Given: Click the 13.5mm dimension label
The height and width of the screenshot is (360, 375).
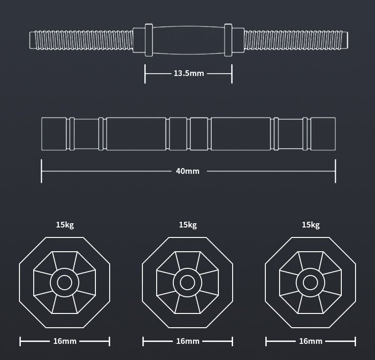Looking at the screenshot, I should (188, 74).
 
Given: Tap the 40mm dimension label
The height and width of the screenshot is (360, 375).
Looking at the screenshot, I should (187, 171).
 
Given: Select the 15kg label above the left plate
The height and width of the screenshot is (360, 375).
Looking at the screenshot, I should (65, 225).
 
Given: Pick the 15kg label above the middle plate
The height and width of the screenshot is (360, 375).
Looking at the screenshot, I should (187, 225).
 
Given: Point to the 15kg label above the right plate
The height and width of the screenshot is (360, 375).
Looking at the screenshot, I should (310, 225).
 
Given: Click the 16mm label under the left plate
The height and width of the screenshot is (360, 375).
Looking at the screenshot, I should (65, 341).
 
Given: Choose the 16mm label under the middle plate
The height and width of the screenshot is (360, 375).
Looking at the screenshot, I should (187, 341).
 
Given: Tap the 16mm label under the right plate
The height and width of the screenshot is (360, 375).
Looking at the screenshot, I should (310, 341).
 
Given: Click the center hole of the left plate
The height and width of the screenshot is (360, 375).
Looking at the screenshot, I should (65, 283).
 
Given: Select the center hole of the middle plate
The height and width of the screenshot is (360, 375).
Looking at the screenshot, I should (187, 283).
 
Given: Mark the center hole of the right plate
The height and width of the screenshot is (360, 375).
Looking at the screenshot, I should (310, 283).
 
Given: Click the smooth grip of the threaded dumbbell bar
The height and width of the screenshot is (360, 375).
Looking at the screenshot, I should (188, 39).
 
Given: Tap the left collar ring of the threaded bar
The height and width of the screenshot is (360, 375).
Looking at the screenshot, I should (148, 39).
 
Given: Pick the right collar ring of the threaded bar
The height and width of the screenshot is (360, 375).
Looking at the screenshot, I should (228, 39).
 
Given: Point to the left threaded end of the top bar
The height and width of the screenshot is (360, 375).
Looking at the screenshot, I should (81, 39).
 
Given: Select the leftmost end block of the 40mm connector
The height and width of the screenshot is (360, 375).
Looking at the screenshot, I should (54, 134).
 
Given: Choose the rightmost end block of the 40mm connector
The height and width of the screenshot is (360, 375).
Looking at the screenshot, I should (323, 134).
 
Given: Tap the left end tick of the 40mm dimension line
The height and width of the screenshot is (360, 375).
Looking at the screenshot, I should (42, 171).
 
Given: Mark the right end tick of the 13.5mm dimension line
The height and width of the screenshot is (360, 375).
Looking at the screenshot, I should (232, 74).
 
